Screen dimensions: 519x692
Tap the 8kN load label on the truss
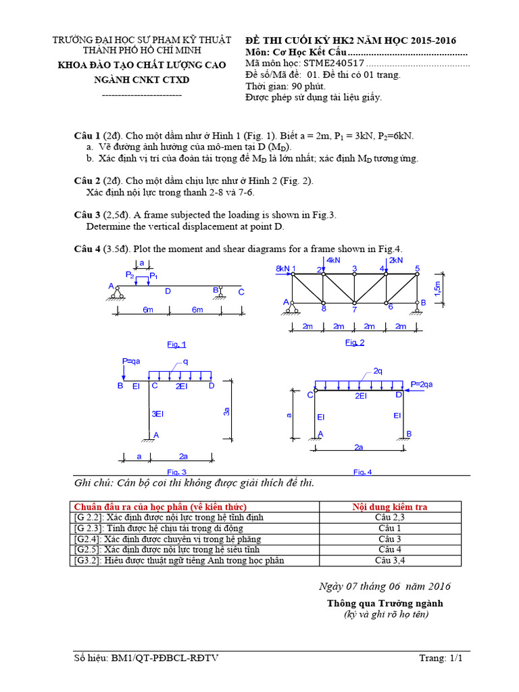click(x=282, y=268)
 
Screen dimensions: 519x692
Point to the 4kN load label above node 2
click(x=334, y=260)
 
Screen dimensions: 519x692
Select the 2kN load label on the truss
click(x=395, y=260)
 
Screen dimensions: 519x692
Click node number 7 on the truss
click(x=353, y=310)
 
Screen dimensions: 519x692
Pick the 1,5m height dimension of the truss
click(x=439, y=289)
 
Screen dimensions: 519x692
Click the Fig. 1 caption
click(x=176, y=344)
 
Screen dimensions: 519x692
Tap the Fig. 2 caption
click(x=355, y=343)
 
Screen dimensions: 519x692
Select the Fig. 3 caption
click(x=176, y=472)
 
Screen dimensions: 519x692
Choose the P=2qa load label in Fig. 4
click(x=423, y=384)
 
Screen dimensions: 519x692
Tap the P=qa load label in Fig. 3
click(x=132, y=361)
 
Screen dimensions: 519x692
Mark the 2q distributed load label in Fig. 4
click(x=378, y=371)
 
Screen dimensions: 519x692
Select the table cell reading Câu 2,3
click(x=390, y=517)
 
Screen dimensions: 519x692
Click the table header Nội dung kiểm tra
click(x=390, y=506)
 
